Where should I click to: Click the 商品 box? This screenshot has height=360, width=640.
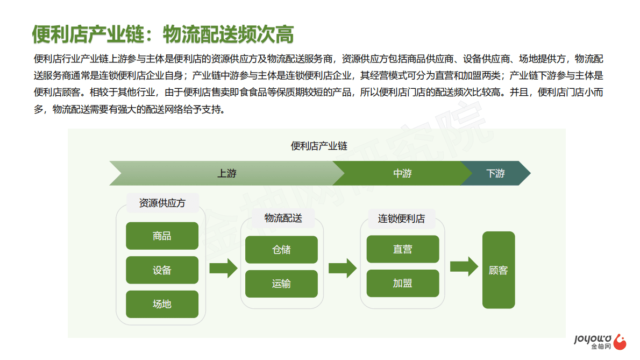162,236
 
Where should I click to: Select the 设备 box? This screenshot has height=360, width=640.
162,270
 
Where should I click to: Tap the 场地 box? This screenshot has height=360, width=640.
162,304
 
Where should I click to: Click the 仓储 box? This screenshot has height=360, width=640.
281,250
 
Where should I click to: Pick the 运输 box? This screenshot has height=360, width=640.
281,284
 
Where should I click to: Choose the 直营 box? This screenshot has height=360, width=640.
403,250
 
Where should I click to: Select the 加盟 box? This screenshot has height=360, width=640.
403,284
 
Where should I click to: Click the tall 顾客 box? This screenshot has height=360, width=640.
498,270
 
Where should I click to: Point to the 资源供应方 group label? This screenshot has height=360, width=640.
162,203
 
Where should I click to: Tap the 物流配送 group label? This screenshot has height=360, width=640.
283,218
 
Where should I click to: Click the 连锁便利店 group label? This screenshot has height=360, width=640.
401,218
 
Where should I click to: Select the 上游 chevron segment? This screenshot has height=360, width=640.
226,173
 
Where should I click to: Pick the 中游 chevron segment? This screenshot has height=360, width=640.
402,173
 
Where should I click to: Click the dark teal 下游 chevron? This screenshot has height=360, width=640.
495,173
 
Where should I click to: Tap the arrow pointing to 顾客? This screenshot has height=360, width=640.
464,266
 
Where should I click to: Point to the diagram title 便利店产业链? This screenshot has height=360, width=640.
319,146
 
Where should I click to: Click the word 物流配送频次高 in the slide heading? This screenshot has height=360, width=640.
228,34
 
